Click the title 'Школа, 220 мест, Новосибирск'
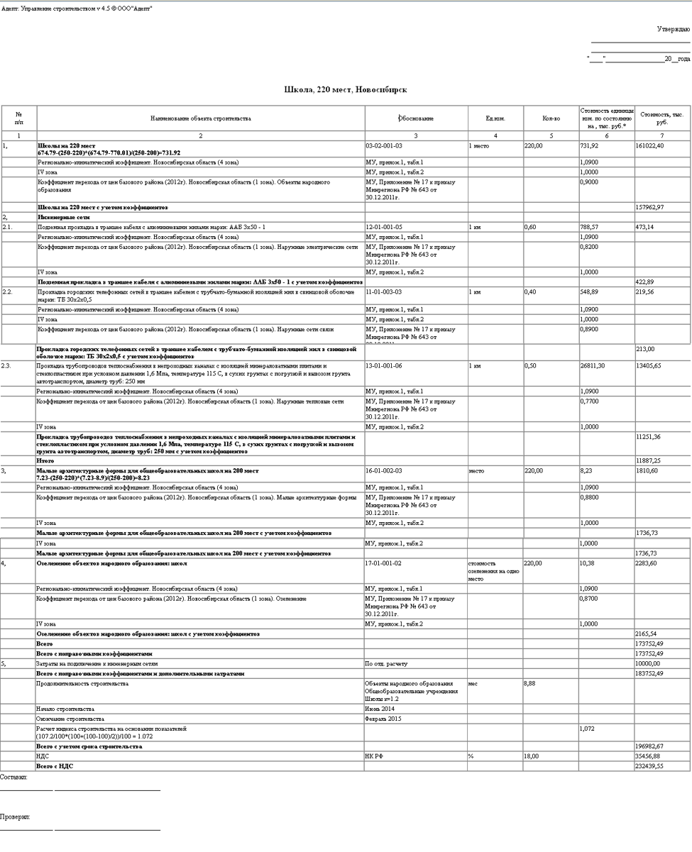pyautogui.click(x=345, y=90)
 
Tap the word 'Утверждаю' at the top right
pyautogui.click(x=673, y=29)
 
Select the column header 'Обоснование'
pyautogui.click(x=416, y=118)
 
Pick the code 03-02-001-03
pyautogui.click(x=384, y=145)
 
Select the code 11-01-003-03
pyautogui.click(x=384, y=292)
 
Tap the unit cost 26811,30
pyautogui.click(x=594, y=365)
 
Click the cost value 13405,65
pyautogui.click(x=650, y=365)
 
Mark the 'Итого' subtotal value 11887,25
pyautogui.click(x=649, y=460)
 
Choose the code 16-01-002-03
pyautogui.click(x=384, y=470)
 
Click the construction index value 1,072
pyautogui.click(x=587, y=729)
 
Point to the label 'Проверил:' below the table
pyautogui.click(x=15, y=818)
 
